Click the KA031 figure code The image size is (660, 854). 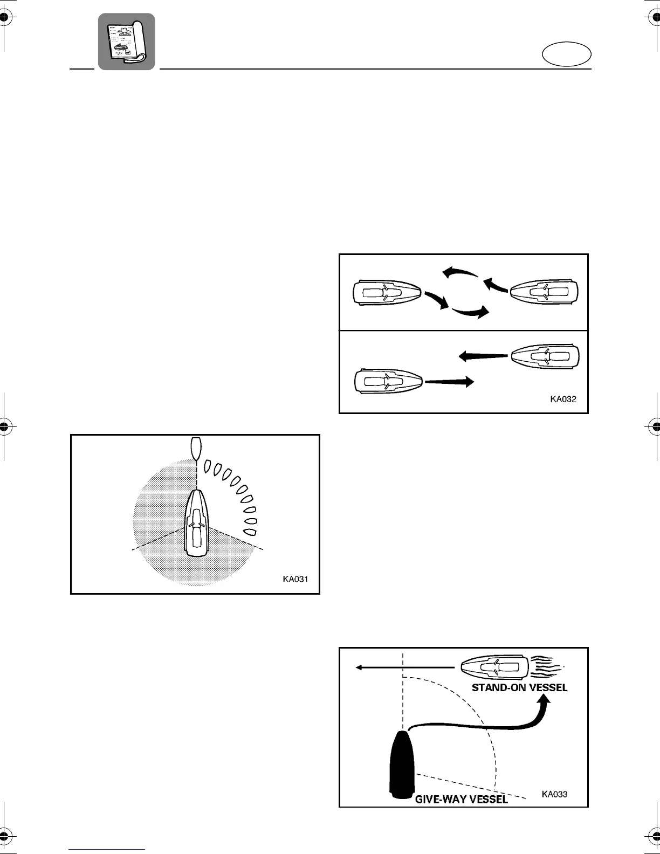295,579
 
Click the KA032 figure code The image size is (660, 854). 563,400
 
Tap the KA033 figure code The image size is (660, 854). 554,794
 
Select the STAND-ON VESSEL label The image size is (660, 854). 519,688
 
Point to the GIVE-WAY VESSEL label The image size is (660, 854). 461,800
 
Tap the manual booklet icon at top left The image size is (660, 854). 126,42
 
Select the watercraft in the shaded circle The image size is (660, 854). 196,523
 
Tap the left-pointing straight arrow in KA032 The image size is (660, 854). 483,356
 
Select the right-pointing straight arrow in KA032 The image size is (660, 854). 449,381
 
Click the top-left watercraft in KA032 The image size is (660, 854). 386,292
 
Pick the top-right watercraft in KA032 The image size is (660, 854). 544,292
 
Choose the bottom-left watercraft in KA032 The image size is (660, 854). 388,381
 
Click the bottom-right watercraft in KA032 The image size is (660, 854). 545,356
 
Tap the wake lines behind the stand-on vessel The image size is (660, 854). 546,667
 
